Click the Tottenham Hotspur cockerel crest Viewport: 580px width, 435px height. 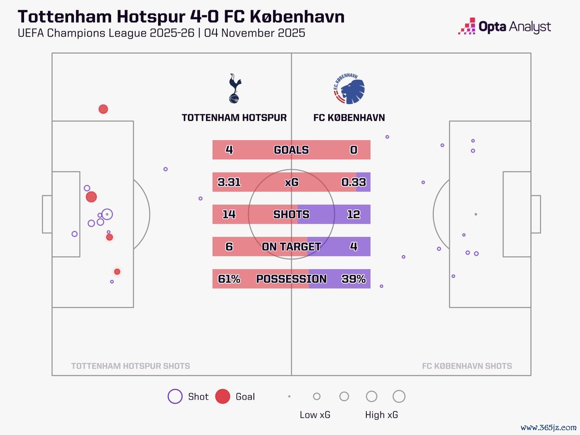coord(234,89)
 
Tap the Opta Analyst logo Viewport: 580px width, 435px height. coord(504,26)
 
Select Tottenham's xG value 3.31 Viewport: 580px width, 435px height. coord(229,182)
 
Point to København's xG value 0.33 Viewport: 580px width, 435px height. coord(353,182)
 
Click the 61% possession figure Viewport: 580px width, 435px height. coord(229,279)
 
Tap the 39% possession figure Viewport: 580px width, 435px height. coord(353,279)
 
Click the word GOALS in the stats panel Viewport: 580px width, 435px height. coord(291,150)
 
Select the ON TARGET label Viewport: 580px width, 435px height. coord(291,246)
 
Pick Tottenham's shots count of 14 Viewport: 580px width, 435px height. coord(229,215)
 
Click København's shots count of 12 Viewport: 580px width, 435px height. coord(353,215)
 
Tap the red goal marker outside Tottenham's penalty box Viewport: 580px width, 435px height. coord(103,109)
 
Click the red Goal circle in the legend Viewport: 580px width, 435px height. coord(222,396)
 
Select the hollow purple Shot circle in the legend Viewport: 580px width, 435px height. coord(175,396)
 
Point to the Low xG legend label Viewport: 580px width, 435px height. coord(315,415)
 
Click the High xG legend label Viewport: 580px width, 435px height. coord(382,415)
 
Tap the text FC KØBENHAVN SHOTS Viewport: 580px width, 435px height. coord(467,366)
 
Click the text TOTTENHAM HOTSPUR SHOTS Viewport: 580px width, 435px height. coord(130,366)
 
